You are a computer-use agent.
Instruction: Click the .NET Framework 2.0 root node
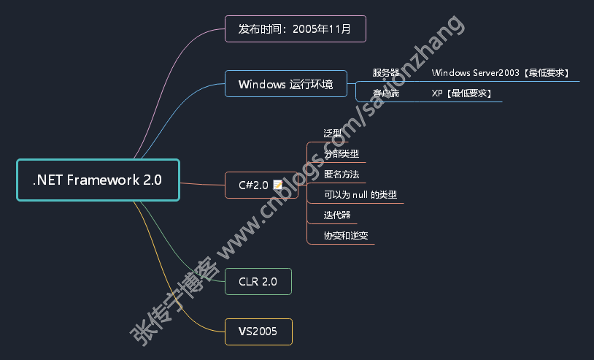click(97, 180)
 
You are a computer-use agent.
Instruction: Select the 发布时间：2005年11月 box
click(295, 29)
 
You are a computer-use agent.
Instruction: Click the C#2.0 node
click(254, 185)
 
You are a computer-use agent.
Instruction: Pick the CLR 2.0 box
click(258, 281)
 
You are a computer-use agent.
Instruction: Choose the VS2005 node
click(258, 332)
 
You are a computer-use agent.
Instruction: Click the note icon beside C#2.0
click(277, 185)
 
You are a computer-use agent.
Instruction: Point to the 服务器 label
click(386, 73)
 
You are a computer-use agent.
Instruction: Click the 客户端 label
click(386, 93)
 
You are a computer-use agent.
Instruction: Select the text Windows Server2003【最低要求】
click(501, 73)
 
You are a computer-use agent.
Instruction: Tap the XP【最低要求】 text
click(461, 93)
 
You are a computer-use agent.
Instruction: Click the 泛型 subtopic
click(333, 134)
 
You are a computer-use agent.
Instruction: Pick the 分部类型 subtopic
click(342, 154)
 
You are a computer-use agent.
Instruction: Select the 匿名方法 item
click(342, 175)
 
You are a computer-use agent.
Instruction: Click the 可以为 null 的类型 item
click(360, 195)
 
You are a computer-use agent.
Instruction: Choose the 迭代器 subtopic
click(337, 215)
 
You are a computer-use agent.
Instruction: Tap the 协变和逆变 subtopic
click(346, 236)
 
